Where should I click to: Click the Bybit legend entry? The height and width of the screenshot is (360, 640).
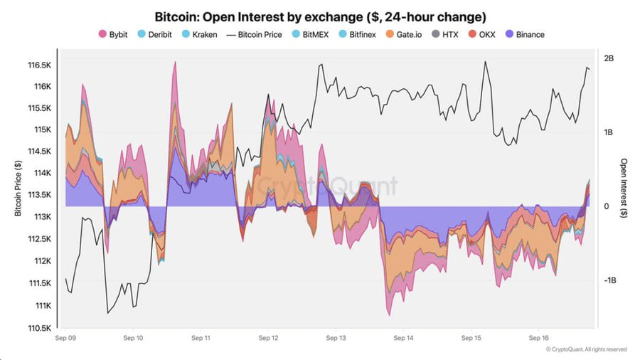coord(113,35)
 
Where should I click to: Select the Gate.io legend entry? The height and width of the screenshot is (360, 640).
coord(404,35)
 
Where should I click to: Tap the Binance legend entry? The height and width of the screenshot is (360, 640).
coord(525,35)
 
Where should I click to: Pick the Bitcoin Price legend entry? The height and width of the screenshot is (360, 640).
coord(255,35)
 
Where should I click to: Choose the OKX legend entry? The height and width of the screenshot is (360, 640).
coord(481,35)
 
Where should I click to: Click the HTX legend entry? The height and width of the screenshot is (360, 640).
coord(445,35)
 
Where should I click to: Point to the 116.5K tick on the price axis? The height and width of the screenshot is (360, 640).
coord(40,65)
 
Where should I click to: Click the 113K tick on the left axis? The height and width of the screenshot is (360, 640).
coord(43,217)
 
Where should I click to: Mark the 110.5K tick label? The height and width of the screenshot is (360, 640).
coord(40,328)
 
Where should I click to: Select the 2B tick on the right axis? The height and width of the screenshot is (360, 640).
coord(609,58)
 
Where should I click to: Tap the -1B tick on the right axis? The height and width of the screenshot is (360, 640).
coord(610,280)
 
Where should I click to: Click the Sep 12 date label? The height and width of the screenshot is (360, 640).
coord(268,338)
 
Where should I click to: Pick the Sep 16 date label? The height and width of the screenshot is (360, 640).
coord(539,338)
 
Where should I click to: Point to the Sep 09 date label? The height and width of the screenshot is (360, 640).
coord(65,338)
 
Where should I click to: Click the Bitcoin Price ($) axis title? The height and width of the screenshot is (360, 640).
coord(18,188)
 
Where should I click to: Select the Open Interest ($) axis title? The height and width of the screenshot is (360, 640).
coord(623,188)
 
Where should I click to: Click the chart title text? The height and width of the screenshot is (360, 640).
coord(321,17)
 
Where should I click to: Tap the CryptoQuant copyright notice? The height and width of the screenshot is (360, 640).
coord(586,349)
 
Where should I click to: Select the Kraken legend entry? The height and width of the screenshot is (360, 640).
coord(200,35)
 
